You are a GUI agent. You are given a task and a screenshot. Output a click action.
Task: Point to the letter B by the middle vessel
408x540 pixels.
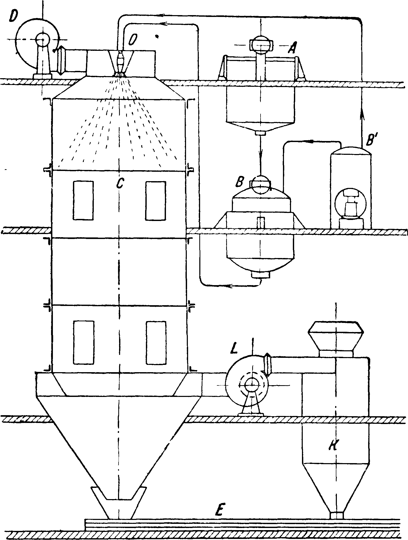pos(239,182)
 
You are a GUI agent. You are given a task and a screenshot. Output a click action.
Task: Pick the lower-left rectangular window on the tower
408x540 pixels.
pos(83,342)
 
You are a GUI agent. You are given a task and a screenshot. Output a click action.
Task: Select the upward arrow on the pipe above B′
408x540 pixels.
pos(362,115)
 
